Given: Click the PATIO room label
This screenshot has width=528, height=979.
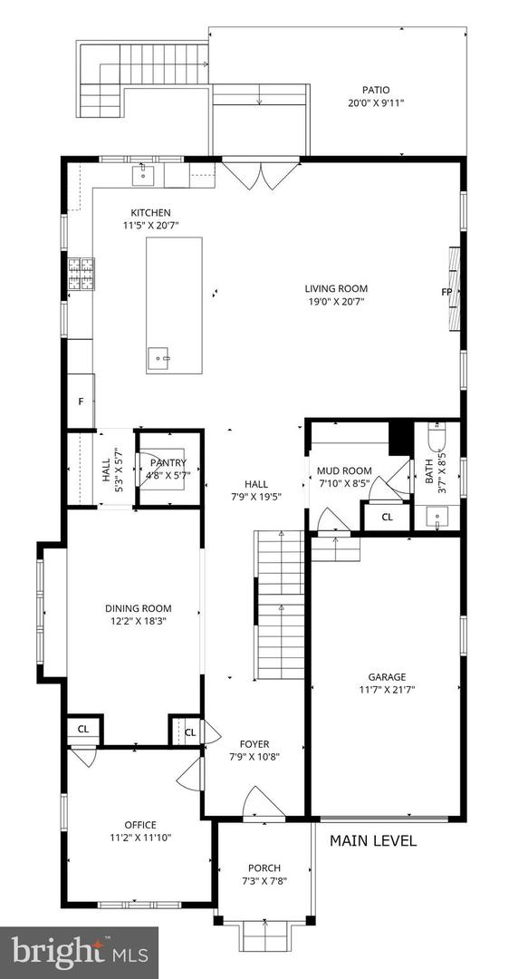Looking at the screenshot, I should (376, 90).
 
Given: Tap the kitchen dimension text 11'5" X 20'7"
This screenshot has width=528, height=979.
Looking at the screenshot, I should (150, 225).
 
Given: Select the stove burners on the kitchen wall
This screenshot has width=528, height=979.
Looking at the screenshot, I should (79, 274).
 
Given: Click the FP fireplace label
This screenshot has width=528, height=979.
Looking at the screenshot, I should (446, 292).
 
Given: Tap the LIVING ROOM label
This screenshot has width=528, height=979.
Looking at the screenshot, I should (336, 289).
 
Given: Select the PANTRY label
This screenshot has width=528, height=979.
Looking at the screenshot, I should (168, 462).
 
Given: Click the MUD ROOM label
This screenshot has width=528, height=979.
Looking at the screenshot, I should (344, 470).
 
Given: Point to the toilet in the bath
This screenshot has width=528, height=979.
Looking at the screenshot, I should (437, 441).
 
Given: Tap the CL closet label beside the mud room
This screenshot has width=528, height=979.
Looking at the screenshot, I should (387, 517).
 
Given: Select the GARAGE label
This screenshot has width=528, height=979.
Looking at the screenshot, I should (387, 676).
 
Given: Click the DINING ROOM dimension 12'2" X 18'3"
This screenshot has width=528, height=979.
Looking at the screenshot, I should (138, 621).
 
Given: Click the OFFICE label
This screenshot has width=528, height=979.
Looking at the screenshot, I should (140, 825).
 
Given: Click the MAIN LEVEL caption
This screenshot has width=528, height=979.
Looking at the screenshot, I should (373, 841).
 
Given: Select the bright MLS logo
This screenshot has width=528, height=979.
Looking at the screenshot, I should (79, 952).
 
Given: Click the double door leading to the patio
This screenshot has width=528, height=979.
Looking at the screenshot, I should (260, 174).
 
